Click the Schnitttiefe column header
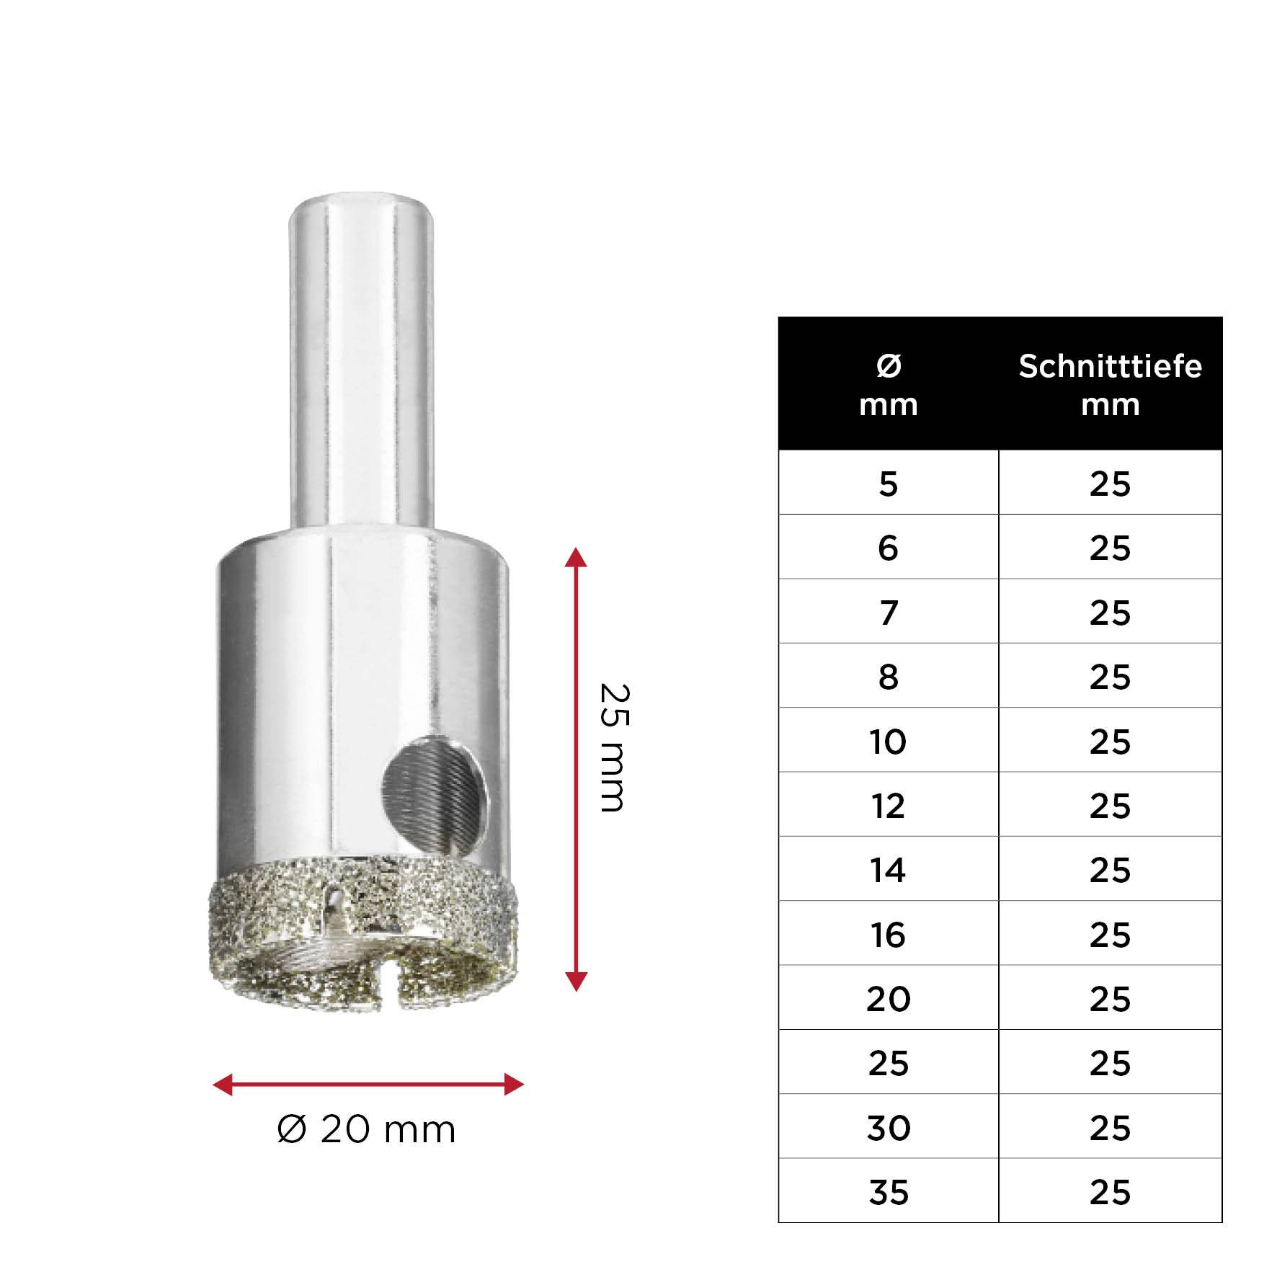coord(1110,385)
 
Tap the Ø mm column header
coord(888,385)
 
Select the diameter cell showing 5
coord(888,484)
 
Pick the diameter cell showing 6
coord(888,548)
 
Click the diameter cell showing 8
coord(888,677)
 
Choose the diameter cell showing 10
coord(888,741)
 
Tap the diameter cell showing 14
coord(888,870)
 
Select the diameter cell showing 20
coord(888,999)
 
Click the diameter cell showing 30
coord(888,1128)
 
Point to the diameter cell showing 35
coord(888,1193)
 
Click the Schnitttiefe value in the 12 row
coord(1110,806)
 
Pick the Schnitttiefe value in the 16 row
coord(1110,935)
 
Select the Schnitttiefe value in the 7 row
coord(1110,613)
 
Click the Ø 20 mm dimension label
coord(366,1129)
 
